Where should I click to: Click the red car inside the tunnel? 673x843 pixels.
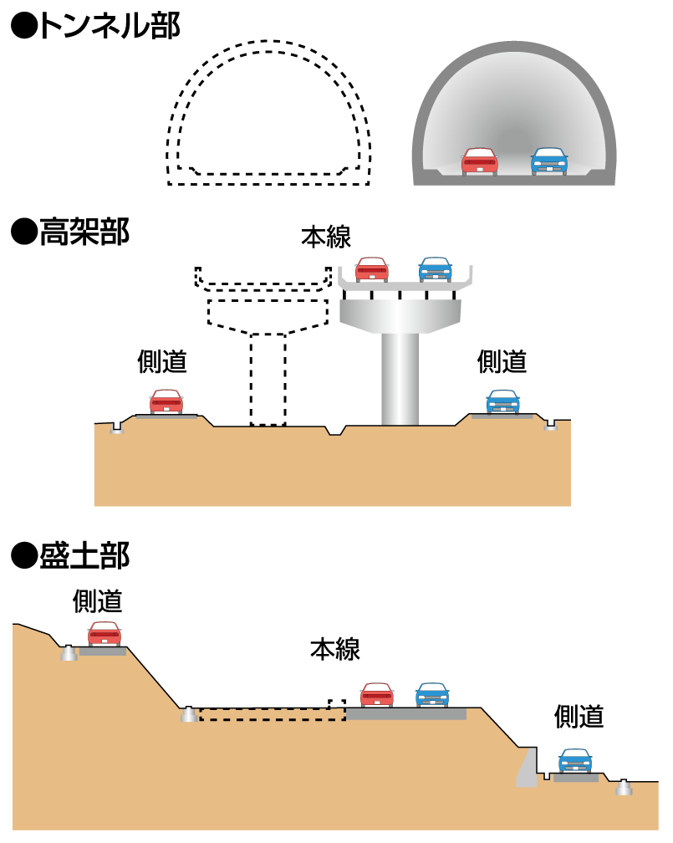click(480, 161)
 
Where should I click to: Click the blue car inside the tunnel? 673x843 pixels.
click(549, 161)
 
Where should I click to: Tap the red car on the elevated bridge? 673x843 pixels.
click(372, 269)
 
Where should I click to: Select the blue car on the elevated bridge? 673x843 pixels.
click(436, 269)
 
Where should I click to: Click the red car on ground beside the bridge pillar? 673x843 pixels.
click(166, 401)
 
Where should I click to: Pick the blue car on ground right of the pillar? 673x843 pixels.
click(503, 401)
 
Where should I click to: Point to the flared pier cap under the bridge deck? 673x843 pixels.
click(400, 314)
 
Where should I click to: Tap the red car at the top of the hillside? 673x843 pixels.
click(105, 634)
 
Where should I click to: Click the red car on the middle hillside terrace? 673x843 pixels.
click(377, 695)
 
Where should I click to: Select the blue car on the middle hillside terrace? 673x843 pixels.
click(432, 695)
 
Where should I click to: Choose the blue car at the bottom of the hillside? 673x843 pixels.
click(575, 760)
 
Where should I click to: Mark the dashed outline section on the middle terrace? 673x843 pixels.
click(272, 714)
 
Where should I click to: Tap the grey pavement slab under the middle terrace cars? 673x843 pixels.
click(406, 714)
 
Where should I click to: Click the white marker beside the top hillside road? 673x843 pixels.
click(69, 653)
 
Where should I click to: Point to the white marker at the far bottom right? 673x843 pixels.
click(624, 788)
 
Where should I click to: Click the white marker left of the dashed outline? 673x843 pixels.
click(189, 715)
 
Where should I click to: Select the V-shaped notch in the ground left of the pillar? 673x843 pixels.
click(335, 431)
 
